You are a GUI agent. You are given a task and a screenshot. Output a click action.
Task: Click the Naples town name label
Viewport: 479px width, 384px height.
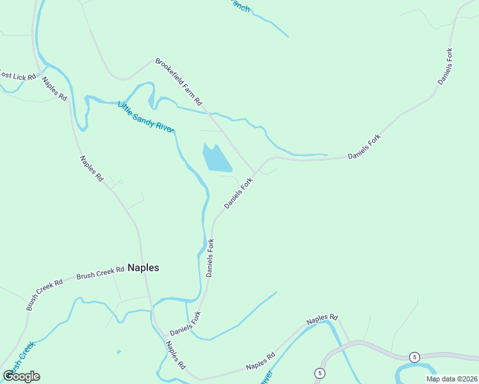143,268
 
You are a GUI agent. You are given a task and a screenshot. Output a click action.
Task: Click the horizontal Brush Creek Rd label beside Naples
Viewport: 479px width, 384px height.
100,273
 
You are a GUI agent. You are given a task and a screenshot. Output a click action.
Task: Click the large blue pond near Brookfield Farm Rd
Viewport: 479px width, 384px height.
216,158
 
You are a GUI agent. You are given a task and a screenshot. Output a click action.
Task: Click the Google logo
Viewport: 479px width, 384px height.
22,376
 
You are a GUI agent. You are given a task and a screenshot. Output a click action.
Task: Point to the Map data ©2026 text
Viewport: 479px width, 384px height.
451,379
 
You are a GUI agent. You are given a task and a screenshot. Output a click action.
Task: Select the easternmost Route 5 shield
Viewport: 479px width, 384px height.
415,356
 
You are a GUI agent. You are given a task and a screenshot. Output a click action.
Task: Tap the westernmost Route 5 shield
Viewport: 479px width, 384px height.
318,372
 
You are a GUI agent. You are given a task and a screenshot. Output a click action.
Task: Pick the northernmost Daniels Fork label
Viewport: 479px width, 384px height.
446,67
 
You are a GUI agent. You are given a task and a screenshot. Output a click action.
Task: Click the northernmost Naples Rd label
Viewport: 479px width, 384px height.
54,88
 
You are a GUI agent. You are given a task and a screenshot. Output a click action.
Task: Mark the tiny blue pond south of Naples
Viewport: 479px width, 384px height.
118,351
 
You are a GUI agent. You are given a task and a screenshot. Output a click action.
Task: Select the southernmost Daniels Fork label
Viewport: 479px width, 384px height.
186,324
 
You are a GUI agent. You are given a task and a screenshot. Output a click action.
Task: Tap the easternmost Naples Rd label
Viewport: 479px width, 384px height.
321,318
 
